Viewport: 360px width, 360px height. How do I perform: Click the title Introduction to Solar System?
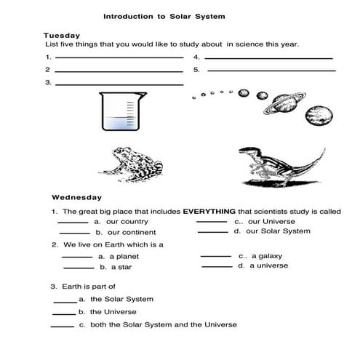pyautogui.click(x=164, y=15)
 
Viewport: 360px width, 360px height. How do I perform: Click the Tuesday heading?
pyautogui.click(x=61, y=35)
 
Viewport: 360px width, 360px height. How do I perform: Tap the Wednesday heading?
pyautogui.click(x=76, y=197)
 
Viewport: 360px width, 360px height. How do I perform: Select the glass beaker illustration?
pyautogui.click(x=118, y=113)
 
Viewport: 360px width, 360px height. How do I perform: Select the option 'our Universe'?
pyautogui.click(x=267, y=221)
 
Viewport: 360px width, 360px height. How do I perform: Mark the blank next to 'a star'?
pyautogui.click(x=78, y=268)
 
